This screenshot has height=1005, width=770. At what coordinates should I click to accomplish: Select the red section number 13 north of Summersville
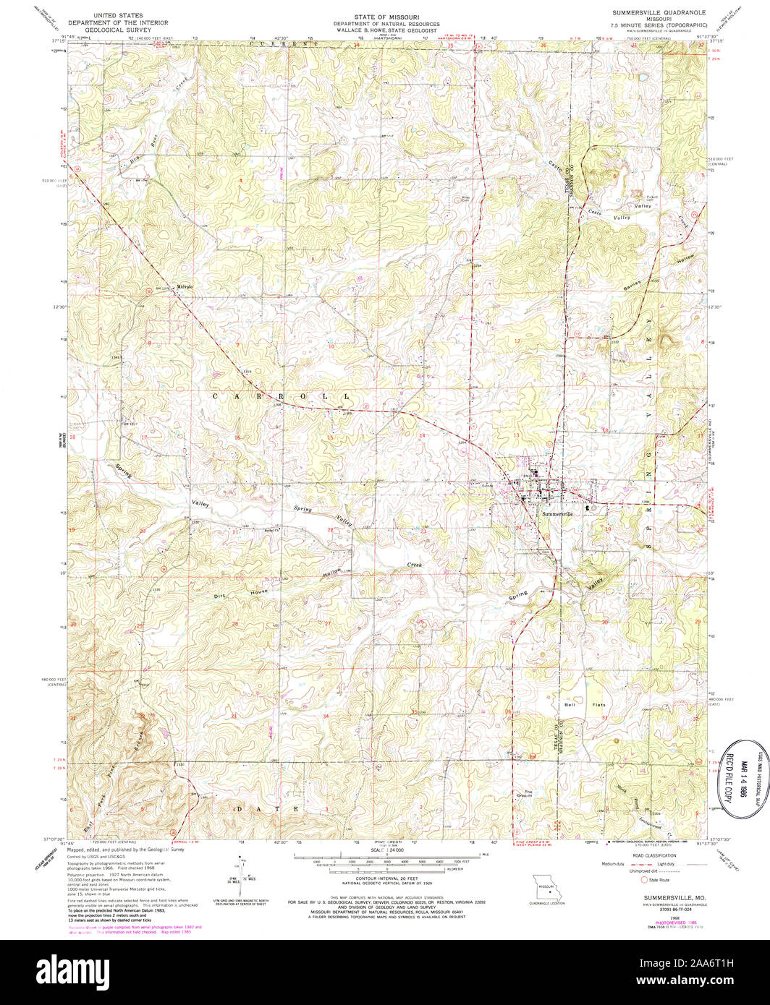coord(517,435)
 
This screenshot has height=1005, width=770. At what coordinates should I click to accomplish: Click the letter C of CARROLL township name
coord(216,397)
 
